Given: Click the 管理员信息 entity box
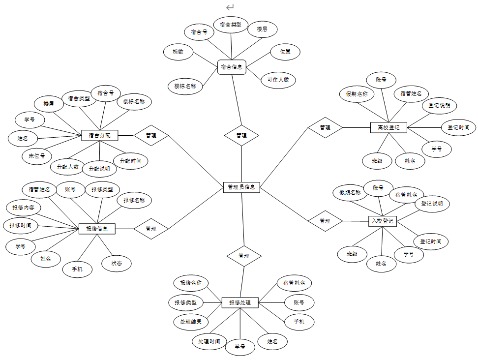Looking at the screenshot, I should coord(241,187).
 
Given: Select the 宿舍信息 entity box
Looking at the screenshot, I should coord(231,67).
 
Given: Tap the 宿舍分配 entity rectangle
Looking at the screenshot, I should coord(100,135).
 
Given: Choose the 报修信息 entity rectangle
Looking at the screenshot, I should coord(97,229).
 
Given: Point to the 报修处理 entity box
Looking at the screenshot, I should coord(240,302).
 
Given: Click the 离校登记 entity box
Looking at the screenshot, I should coord(388,127).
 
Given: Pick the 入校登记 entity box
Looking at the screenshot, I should coord(382,221).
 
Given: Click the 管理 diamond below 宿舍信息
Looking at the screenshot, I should coord(241,135).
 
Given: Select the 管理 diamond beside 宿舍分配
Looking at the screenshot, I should coord(151,135).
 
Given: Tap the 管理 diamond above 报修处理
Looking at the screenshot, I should coord(244,256).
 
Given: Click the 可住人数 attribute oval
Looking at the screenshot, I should coord(278,79).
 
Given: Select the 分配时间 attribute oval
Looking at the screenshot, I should coord(130,160).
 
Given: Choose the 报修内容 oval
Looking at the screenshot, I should coord(23,208).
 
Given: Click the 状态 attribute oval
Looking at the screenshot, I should coord(117,263).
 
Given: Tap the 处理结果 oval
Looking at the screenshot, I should coord(191,322).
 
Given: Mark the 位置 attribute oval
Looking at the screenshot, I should coord(285,51).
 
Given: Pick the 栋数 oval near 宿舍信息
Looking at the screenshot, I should coord(178,52).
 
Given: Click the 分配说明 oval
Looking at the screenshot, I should coord(99,169).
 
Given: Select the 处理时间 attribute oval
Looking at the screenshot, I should coord(209,341).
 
